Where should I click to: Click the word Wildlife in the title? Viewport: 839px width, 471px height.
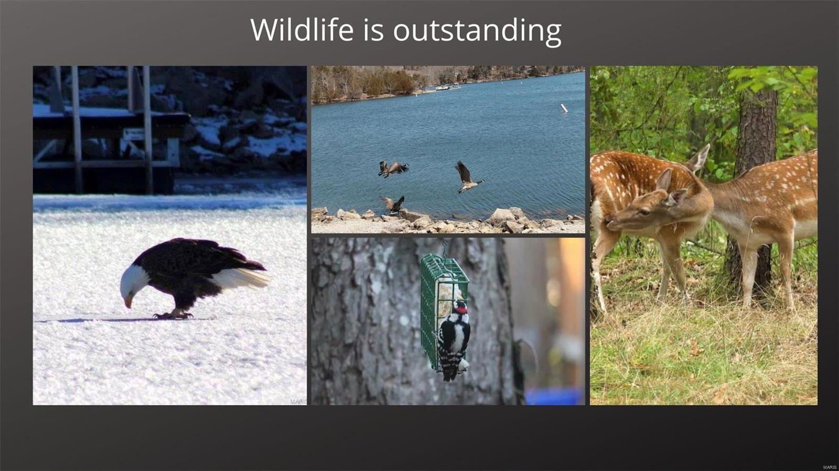click(x=302, y=29)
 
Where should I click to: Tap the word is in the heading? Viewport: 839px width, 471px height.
click(x=373, y=29)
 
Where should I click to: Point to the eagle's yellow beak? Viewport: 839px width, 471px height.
click(x=128, y=302)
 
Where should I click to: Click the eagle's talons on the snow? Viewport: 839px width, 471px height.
click(x=174, y=315)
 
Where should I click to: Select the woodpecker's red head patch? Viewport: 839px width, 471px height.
click(x=461, y=309)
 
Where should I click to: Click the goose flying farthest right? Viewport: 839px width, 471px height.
click(x=467, y=177)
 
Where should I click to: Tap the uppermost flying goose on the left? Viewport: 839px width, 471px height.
click(x=393, y=168)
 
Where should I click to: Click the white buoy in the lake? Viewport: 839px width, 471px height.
click(x=564, y=108)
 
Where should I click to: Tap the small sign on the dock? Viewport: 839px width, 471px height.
click(x=133, y=134)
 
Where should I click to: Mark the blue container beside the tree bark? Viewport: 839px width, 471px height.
click(x=554, y=396)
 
